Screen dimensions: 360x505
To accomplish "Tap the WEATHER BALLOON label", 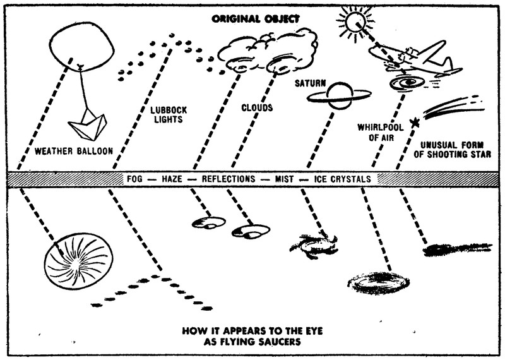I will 74,151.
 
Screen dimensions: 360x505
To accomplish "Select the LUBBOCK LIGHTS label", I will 169,115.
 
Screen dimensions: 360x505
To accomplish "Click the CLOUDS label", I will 257,108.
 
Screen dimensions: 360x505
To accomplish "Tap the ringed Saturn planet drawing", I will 338,95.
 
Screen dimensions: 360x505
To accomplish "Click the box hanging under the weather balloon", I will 88,126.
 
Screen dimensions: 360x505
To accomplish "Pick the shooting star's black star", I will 415,121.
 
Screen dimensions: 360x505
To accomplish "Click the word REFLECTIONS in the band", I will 229,179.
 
